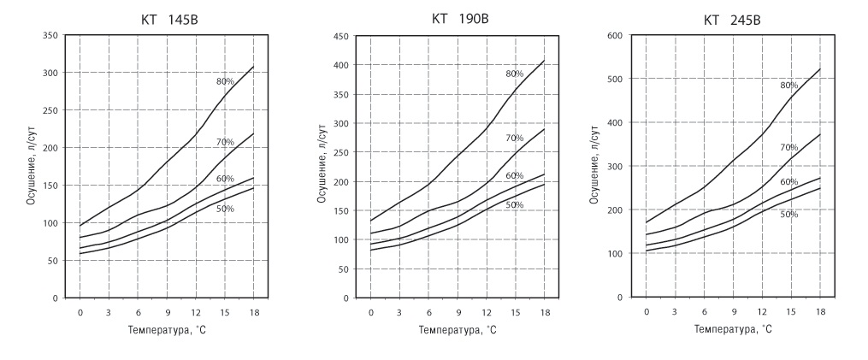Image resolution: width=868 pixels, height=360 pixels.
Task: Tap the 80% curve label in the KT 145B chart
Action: pyautogui.click(x=225, y=81)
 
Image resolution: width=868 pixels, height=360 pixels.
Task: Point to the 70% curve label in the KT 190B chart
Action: pyautogui.click(x=514, y=138)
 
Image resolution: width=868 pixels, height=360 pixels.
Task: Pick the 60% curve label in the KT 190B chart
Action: pyautogui.click(x=514, y=176)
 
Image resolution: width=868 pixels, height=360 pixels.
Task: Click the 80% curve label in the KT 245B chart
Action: pyautogui.click(x=788, y=86)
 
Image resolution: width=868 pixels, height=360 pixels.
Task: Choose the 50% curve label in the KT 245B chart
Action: pyautogui.click(x=788, y=214)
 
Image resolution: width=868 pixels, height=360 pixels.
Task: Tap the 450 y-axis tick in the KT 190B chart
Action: pyautogui.click(x=340, y=36)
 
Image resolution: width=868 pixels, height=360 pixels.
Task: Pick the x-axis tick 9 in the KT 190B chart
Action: pyautogui.click(x=459, y=312)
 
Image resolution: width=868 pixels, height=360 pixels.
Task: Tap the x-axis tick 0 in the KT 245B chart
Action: pyautogui.click(x=647, y=311)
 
